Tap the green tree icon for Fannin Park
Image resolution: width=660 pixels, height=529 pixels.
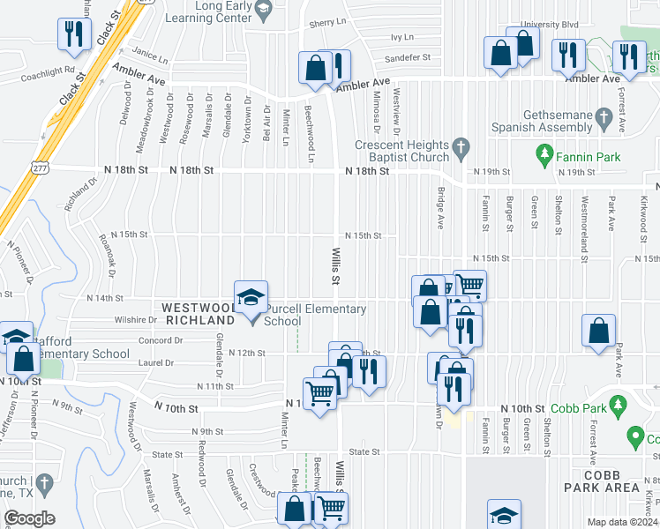[x=545, y=158]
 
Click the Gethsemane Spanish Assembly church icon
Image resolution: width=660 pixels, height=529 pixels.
[x=604, y=116]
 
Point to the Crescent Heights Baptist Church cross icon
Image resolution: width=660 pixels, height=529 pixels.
[x=459, y=145]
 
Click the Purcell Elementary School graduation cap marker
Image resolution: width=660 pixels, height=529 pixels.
[x=251, y=297]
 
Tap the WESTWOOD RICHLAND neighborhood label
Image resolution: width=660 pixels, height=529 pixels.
[x=199, y=314]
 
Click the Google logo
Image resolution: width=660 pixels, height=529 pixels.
[x=29, y=518]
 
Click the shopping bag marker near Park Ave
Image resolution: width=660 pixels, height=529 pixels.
[x=599, y=332]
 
